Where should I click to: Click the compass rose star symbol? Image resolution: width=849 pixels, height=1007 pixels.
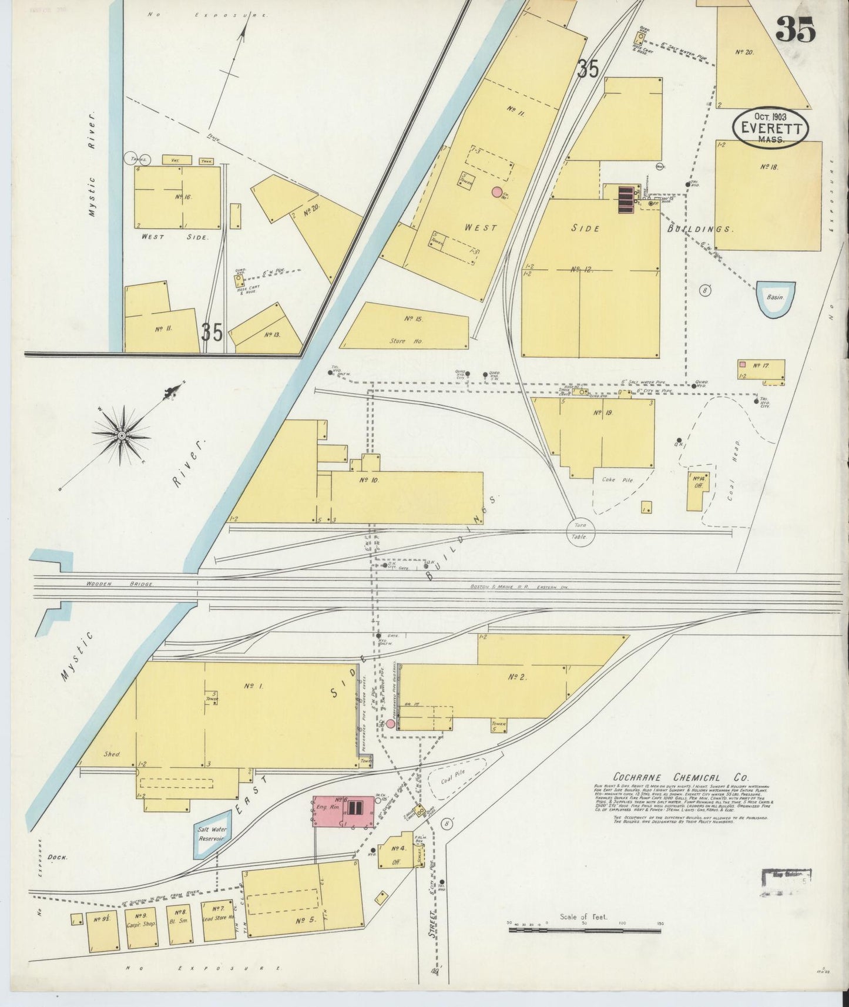click(x=122, y=435)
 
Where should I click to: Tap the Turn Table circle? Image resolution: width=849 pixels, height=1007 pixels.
click(x=580, y=532)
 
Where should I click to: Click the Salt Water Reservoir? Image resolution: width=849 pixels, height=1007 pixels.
click(x=212, y=834)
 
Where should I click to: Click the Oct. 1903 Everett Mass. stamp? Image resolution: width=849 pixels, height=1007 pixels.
click(x=770, y=127)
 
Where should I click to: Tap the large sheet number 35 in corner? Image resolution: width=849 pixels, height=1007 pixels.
click(x=796, y=29)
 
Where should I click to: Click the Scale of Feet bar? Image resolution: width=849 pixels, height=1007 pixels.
click(x=584, y=931)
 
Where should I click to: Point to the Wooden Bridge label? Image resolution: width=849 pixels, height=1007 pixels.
click(x=120, y=585)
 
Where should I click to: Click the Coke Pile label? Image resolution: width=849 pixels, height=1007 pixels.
click(x=617, y=480)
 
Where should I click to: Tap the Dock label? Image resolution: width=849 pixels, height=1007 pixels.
click(x=58, y=857)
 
